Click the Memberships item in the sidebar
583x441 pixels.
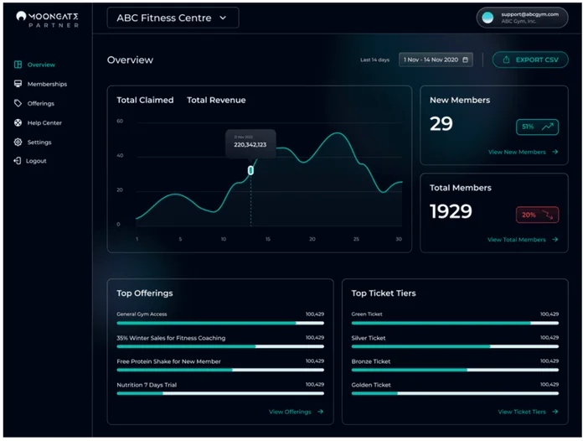click(x=46, y=84)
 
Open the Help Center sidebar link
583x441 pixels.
click(x=44, y=122)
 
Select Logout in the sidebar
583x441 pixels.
click(x=36, y=161)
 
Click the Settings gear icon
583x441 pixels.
click(x=18, y=142)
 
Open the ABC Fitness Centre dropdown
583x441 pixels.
click(x=173, y=18)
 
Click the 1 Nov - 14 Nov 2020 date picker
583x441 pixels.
click(x=436, y=60)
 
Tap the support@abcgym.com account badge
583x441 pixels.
click(x=522, y=18)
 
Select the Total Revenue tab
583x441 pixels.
click(x=216, y=101)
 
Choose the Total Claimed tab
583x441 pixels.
click(x=145, y=101)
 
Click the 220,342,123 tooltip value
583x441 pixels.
click(x=250, y=145)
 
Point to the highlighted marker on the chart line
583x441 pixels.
click(x=250, y=170)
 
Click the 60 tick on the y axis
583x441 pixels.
click(x=120, y=122)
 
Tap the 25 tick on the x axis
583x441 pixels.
click(x=356, y=239)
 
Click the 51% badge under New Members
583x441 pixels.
click(x=537, y=127)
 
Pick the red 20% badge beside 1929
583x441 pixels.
click(x=537, y=215)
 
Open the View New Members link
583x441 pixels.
click(x=522, y=152)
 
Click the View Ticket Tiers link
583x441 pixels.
click(x=527, y=412)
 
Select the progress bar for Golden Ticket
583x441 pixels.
click(x=455, y=392)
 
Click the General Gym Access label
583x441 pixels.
click(x=142, y=314)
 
